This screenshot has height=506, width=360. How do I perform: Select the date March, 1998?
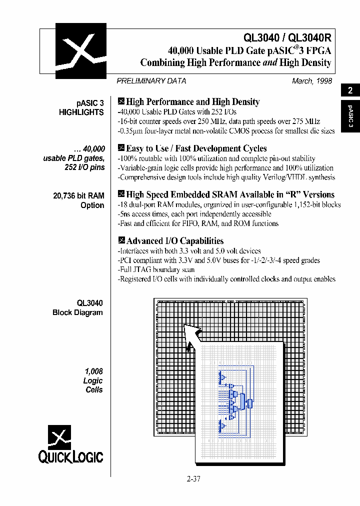[x=312, y=81]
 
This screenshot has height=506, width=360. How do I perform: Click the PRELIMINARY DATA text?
[x=151, y=81]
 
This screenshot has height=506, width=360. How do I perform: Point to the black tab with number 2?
[x=350, y=90]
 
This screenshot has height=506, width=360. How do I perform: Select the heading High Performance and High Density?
[x=192, y=102]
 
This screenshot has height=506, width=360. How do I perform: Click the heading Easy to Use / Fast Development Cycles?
[x=196, y=148]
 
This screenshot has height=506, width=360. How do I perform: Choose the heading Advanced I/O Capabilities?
[x=174, y=241]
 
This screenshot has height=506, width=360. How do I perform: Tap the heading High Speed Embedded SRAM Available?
[x=230, y=195]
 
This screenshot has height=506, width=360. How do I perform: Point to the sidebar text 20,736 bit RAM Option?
[x=79, y=200]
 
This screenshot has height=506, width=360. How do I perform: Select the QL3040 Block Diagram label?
[x=78, y=307]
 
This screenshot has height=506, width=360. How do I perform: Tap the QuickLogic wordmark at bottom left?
[x=70, y=456]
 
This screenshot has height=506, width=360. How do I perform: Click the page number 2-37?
[x=193, y=478]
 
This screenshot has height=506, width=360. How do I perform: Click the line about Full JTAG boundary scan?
[x=156, y=269]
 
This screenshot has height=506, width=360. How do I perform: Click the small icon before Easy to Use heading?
[x=120, y=147]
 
